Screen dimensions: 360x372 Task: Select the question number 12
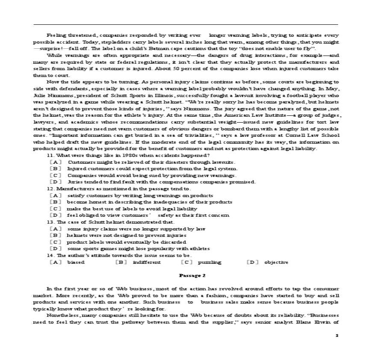coord(50,189)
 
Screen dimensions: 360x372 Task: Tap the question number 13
coord(50,222)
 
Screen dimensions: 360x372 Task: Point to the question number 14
coord(50,255)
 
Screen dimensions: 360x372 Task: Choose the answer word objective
coord(276,262)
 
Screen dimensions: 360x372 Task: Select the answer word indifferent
coord(147,262)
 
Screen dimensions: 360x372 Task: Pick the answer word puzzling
coord(210,262)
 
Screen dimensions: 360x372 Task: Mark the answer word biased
coord(76,262)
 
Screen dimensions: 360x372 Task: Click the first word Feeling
coord(56,35)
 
